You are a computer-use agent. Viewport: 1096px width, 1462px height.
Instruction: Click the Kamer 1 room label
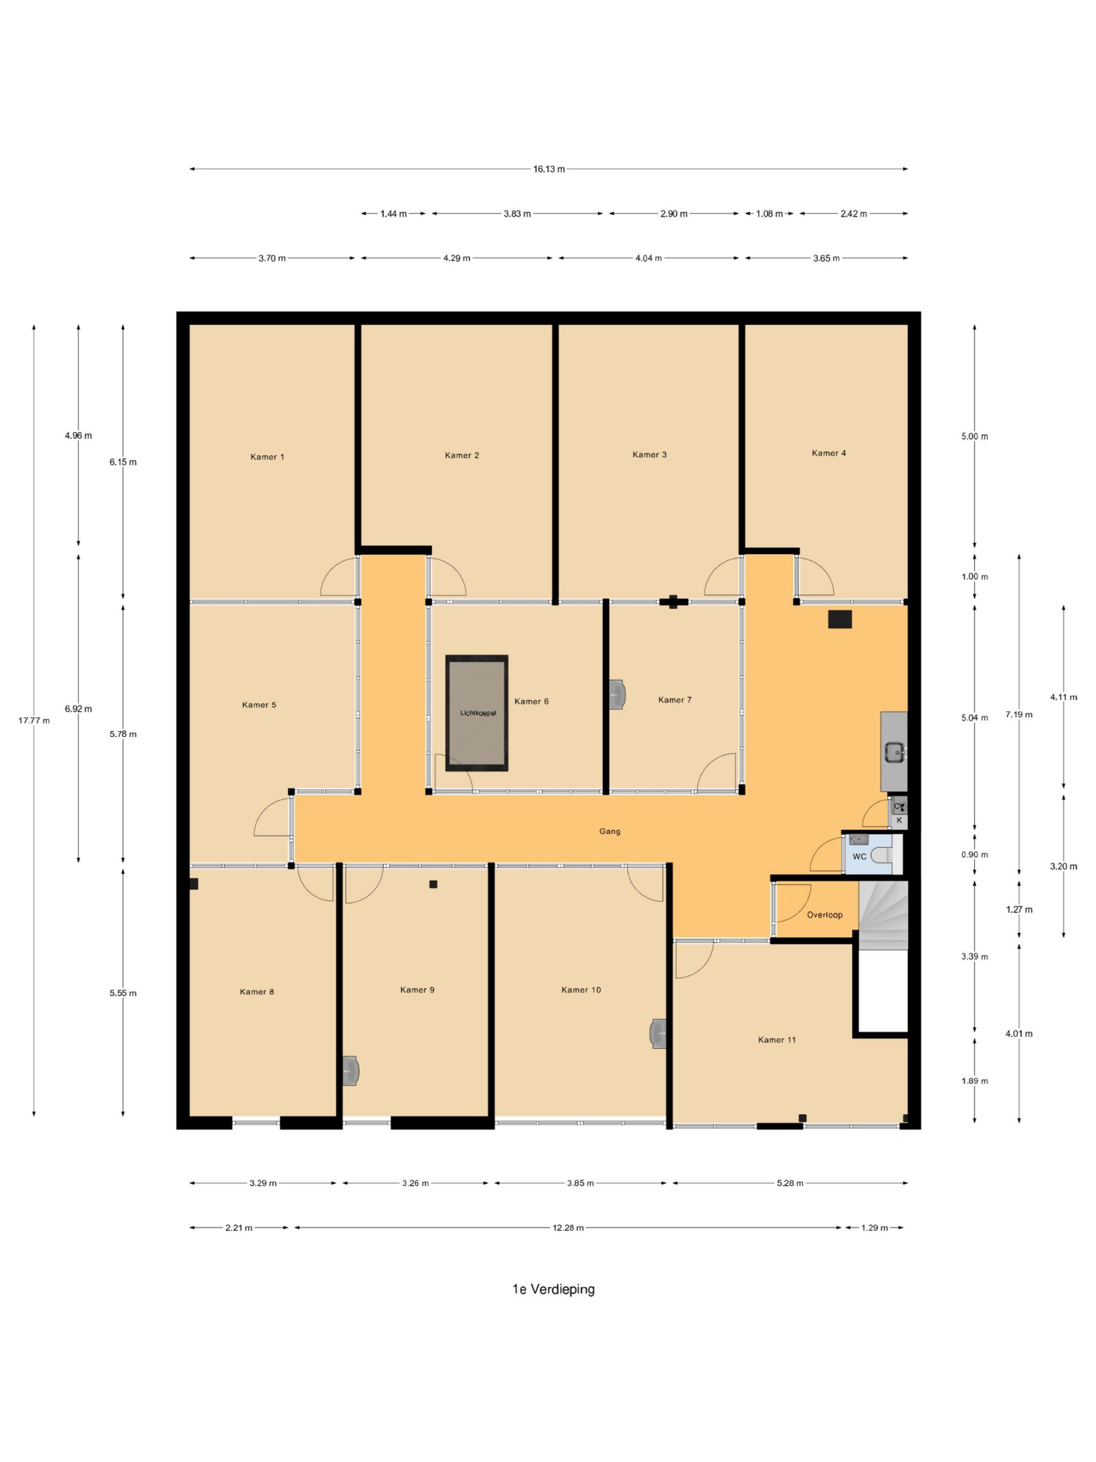(267, 457)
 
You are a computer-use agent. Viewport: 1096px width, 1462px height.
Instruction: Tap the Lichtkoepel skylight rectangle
(477, 713)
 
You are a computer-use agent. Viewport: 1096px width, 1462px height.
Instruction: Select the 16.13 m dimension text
(549, 169)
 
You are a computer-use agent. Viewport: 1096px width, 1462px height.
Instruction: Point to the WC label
(860, 857)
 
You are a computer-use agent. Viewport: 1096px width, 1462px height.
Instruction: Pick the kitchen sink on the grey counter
(895, 752)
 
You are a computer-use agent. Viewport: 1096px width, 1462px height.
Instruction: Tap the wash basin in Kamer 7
(617, 694)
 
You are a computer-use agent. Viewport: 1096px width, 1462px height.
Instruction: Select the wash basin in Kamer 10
(658, 1033)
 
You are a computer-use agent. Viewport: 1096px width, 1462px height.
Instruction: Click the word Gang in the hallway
(610, 832)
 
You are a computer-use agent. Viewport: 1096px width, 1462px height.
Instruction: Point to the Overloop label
(824, 915)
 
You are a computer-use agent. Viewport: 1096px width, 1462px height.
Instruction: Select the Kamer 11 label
(776, 1039)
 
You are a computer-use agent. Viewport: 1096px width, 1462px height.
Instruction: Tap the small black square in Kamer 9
(433, 884)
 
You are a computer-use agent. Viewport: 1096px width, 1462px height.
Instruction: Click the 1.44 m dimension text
(393, 214)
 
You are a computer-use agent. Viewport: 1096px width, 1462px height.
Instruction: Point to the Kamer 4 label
(828, 453)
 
